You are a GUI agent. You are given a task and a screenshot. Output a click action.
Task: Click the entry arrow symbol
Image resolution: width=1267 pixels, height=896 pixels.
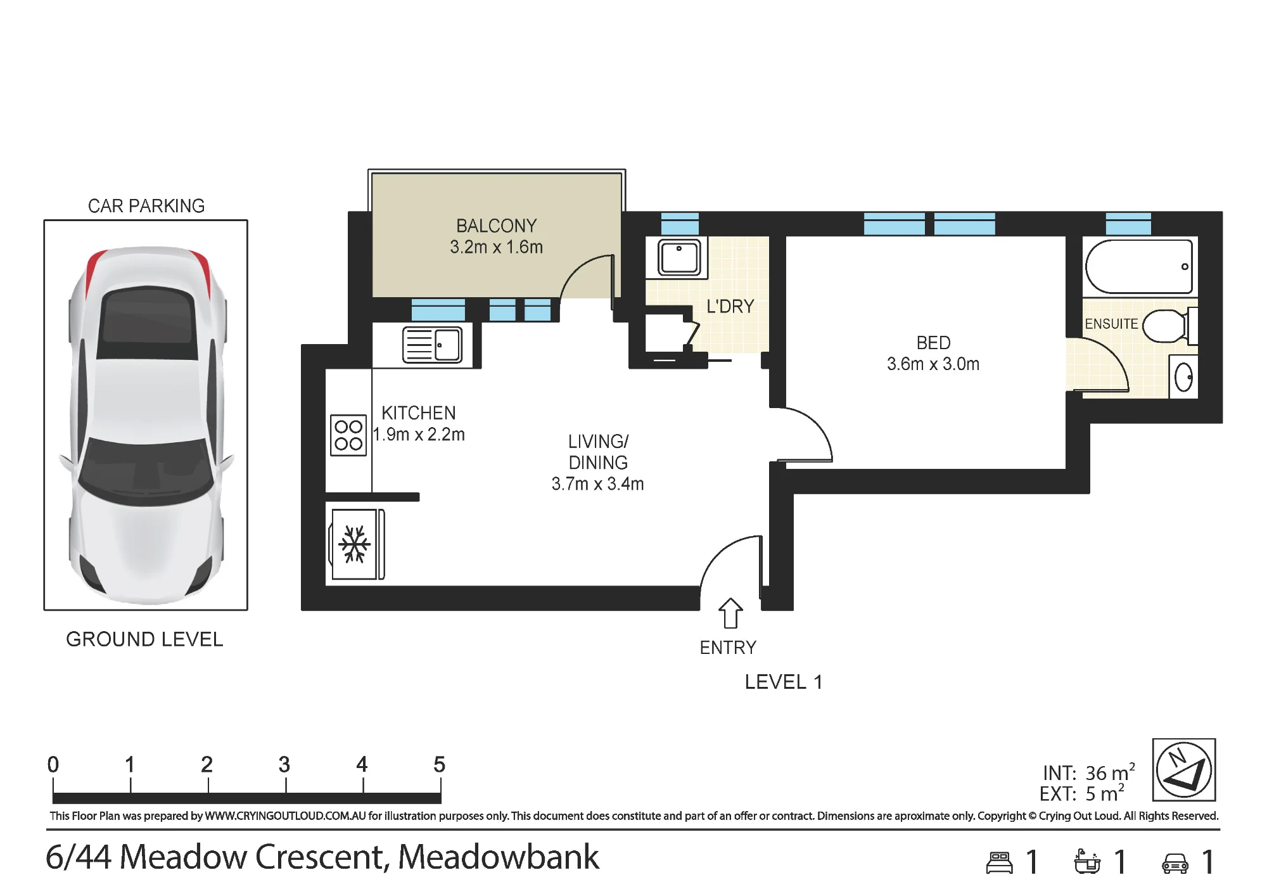pos(730,613)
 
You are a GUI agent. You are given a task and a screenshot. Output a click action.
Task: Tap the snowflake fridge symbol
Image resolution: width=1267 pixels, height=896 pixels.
pos(354,544)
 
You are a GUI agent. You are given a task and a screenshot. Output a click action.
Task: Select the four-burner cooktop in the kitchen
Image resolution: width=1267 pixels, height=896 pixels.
pos(348,435)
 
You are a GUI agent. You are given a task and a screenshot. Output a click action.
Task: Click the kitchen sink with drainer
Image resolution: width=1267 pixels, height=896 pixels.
pos(432,345)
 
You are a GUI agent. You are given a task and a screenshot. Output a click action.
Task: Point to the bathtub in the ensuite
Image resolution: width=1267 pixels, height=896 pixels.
pos(1139,266)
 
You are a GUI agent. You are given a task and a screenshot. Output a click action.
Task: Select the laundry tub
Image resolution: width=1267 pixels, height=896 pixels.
pos(679,257)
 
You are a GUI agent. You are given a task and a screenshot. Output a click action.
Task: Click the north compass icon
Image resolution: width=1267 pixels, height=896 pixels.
pos(1183,770)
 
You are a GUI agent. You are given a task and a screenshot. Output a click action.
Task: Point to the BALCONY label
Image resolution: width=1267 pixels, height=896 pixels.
pos(497,226)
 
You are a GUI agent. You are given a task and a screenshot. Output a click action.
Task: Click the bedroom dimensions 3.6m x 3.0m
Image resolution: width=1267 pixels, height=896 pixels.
pos(933,364)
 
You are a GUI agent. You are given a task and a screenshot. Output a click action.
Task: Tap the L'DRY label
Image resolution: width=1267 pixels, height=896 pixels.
pos(730,306)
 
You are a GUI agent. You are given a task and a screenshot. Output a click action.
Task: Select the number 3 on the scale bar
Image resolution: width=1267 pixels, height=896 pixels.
pos(284,765)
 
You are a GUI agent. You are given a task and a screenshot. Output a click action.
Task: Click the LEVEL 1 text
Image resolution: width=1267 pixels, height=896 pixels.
pos(784,682)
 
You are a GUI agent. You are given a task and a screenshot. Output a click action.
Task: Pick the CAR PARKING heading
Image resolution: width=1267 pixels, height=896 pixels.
pos(146,205)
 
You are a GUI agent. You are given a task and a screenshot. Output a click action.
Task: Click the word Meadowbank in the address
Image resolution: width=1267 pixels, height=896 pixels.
pos(499,857)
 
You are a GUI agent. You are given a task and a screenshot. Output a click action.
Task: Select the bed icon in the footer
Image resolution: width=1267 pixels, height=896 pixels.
pos(1000,863)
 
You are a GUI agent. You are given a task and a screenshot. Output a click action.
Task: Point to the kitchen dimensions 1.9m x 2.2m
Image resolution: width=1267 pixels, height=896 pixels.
pos(419,434)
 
